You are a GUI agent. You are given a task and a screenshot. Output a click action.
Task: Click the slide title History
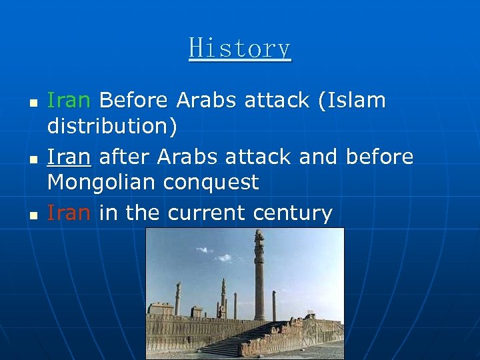[240, 49]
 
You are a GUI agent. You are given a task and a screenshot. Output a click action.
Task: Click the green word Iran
[68, 101]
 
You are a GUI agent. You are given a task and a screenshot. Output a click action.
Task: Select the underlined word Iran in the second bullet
[68, 157]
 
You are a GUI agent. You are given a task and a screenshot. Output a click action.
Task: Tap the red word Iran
[68, 213]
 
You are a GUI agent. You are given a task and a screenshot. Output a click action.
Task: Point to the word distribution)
[112, 127]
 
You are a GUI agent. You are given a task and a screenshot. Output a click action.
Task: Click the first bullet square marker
[33, 105]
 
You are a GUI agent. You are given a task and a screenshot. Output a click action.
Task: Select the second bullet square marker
[33, 161]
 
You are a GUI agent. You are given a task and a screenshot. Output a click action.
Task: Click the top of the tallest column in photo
[259, 235]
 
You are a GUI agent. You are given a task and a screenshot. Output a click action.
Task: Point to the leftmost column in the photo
[178, 299]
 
